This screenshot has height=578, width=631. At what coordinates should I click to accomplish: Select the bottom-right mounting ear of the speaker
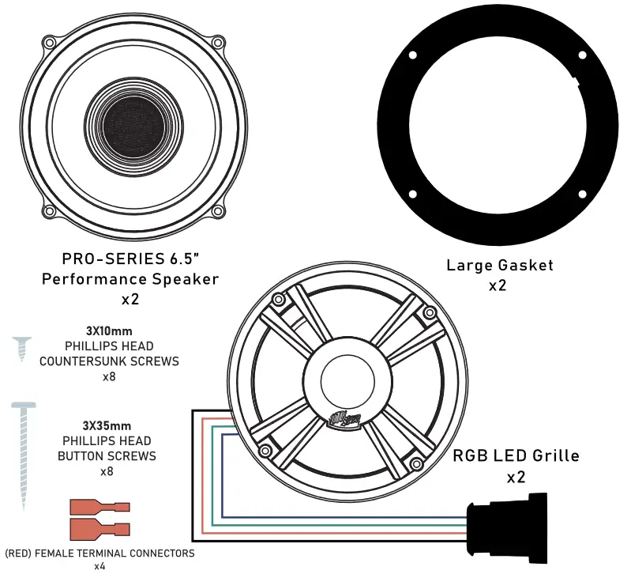coord(217,212)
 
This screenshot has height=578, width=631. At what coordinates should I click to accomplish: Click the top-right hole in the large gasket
coord(581,55)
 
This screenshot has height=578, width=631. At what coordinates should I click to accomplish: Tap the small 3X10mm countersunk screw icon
coord(22,349)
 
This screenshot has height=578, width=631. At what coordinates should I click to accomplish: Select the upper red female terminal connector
coord(99,507)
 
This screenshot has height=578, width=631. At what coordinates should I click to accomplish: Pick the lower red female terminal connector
coord(99,527)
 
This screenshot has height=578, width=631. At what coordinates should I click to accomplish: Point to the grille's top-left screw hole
coord(277,300)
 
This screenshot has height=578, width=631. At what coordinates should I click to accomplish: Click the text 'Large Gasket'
coord(499,265)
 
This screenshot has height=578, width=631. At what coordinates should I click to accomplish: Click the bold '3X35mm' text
coord(107,425)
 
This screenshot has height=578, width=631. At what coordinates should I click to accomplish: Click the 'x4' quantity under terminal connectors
coord(100,567)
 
